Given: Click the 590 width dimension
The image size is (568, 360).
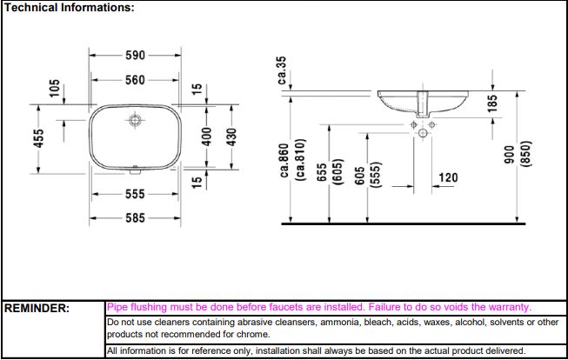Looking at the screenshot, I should click(134, 54).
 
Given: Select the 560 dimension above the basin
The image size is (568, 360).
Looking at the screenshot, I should click(134, 81).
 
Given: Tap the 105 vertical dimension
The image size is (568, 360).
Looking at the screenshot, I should click(55, 89).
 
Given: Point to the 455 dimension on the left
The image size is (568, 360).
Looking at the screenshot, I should click(38, 139).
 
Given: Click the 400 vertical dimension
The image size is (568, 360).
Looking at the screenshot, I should click(207, 139).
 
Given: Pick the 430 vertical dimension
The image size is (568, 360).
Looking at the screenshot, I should click(231, 139).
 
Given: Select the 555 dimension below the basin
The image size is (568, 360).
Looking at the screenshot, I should click(134, 194).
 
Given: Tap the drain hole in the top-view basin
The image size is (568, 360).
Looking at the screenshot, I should click(135, 118).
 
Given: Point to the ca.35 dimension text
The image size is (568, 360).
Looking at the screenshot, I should click(281, 70).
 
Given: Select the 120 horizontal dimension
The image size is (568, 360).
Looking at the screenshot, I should click(447, 177).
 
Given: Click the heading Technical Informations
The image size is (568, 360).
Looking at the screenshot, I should click(69, 7).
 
